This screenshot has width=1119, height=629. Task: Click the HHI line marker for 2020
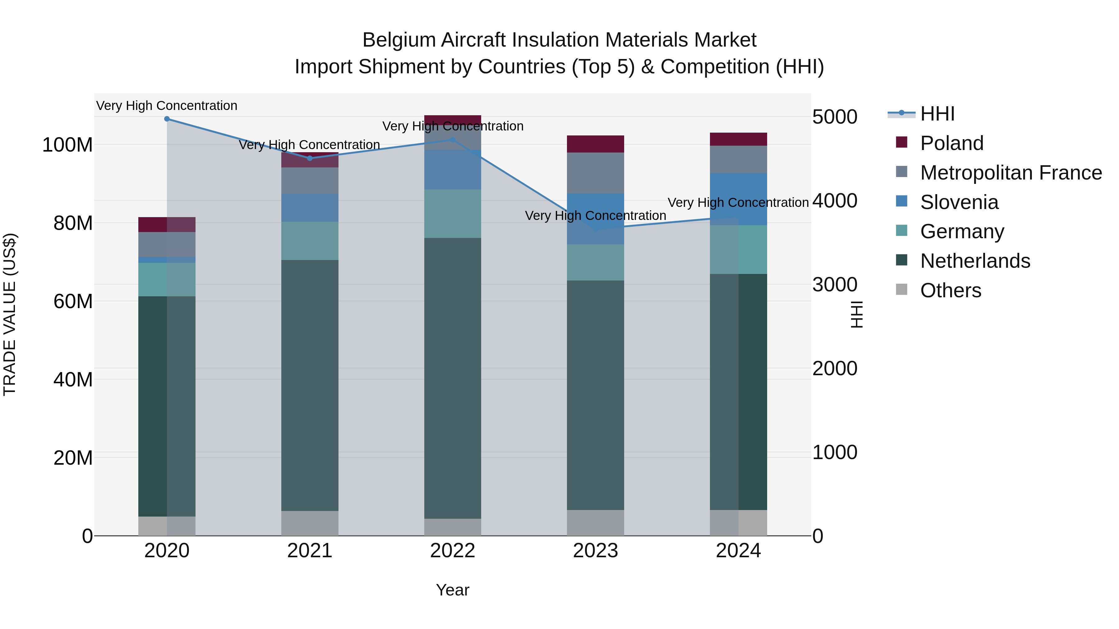167,119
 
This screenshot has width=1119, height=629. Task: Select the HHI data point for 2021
310,158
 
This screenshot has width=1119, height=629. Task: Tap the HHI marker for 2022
453,140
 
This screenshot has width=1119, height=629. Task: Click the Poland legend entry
951,143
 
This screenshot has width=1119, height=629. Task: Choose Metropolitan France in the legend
1011,173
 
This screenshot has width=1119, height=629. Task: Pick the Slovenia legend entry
959,202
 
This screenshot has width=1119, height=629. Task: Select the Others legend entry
951,290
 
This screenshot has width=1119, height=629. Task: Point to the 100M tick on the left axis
68,145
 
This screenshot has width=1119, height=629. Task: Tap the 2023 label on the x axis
595,551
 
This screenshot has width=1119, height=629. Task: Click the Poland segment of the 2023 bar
595,144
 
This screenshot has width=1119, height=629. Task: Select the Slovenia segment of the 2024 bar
739,199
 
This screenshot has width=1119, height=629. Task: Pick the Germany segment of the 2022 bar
453,214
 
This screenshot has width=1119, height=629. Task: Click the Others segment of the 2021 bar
310,523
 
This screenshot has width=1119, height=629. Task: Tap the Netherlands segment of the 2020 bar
167,406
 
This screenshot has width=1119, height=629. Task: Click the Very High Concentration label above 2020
167,106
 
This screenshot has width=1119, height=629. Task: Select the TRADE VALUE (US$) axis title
10,314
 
